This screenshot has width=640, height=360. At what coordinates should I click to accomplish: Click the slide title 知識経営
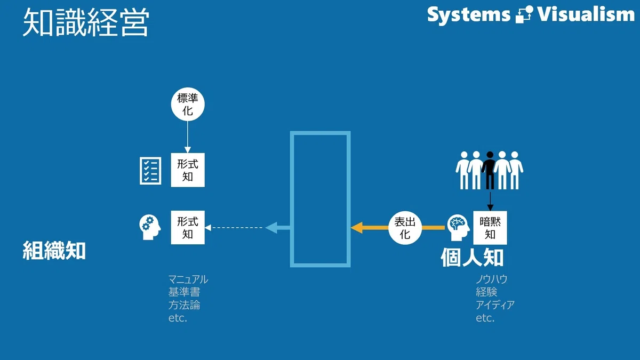tap(86, 22)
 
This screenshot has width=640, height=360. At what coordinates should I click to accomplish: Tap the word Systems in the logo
tap(469, 15)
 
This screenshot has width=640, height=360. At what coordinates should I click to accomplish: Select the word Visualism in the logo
tap(586, 14)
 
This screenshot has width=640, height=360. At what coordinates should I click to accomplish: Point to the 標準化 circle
tap(188, 105)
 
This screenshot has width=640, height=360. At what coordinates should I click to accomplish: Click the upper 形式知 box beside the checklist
tap(188, 170)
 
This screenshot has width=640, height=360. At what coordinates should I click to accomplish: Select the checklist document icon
tap(150, 171)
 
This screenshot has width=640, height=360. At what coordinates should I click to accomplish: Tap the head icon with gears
tap(150, 227)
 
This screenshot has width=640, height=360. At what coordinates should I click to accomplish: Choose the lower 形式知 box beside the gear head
tap(188, 227)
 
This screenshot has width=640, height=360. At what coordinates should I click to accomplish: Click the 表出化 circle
tap(405, 228)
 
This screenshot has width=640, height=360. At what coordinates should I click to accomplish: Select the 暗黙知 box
tap(490, 228)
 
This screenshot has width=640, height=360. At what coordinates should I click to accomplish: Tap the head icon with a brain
tap(458, 228)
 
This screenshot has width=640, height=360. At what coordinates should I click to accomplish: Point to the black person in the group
tap(490, 170)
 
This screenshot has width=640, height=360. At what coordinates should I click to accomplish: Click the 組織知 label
tap(54, 251)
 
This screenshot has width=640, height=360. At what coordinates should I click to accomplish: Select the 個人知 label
tap(472, 258)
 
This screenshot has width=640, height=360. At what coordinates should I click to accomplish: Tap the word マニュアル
tap(188, 279)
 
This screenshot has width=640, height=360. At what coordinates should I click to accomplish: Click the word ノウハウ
tap(491, 279)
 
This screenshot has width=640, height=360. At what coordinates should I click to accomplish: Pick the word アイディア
tap(495, 305)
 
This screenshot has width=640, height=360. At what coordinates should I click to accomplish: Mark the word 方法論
tap(185, 305)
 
